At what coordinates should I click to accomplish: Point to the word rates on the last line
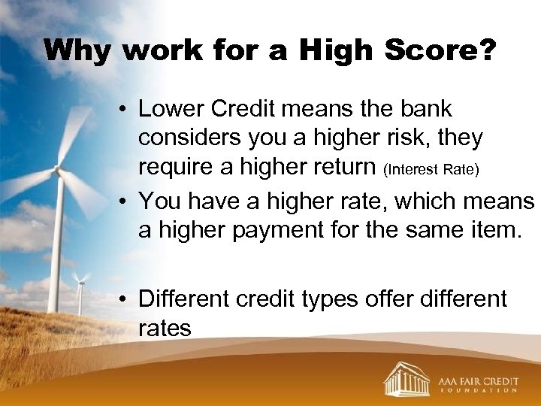[165, 329]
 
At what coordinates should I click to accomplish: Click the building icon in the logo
[407, 378]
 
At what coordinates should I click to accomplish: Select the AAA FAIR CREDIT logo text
[479, 380]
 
